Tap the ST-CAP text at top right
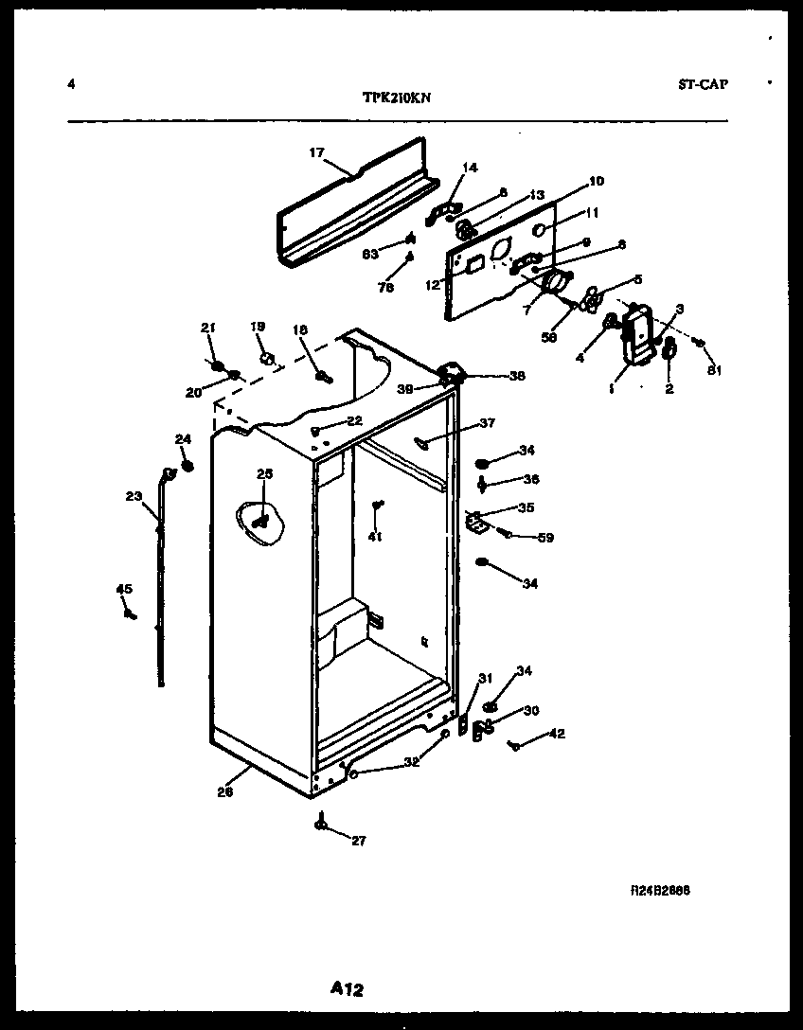(703, 84)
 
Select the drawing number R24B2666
(660, 892)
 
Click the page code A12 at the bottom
(347, 989)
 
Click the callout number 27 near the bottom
(357, 841)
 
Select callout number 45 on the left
(124, 590)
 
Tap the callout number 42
(556, 733)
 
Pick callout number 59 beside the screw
(545, 538)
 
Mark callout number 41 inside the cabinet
(375, 538)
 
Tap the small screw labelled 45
(129, 614)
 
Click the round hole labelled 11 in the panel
(538, 230)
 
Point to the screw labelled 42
(514, 747)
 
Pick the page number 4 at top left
(71, 84)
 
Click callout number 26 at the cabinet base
(224, 793)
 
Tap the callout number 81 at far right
(714, 370)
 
